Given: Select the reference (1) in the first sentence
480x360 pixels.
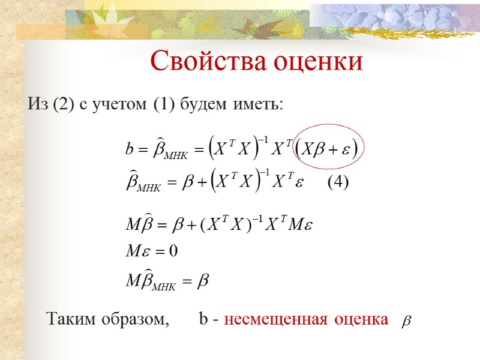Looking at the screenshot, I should (x=163, y=105).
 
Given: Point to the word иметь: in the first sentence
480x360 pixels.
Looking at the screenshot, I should (x=256, y=105).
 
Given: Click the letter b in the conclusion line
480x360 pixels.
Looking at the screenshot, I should (x=202, y=320).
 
